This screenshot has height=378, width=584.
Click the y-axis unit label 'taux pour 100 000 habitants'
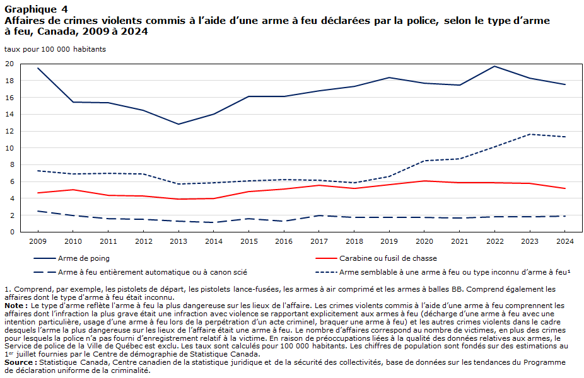click(55, 49)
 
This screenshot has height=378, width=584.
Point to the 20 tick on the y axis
click(9, 64)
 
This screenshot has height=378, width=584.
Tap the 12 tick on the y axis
click(9, 131)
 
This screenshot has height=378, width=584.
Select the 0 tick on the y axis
click(12, 232)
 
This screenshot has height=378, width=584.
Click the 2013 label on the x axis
click(178, 241)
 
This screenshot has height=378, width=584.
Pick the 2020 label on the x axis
click(424, 241)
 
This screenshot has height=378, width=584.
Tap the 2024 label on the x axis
click(564, 241)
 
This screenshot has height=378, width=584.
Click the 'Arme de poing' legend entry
click(71, 258)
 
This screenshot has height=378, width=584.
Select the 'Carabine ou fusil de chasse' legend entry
click(376, 258)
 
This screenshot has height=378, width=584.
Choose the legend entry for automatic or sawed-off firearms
click(141, 272)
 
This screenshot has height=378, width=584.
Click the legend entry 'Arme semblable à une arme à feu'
click(443, 272)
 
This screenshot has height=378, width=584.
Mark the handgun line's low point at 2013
click(178, 124)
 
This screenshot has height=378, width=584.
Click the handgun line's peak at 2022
click(494, 66)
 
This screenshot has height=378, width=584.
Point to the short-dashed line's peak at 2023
click(530, 134)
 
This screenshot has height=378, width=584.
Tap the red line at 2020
click(424, 181)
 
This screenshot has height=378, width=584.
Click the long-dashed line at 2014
click(214, 222)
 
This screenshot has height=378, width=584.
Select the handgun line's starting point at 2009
click(38, 68)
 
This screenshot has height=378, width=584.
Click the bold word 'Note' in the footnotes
click(15, 306)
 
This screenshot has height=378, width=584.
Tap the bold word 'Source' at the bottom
click(18, 362)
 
